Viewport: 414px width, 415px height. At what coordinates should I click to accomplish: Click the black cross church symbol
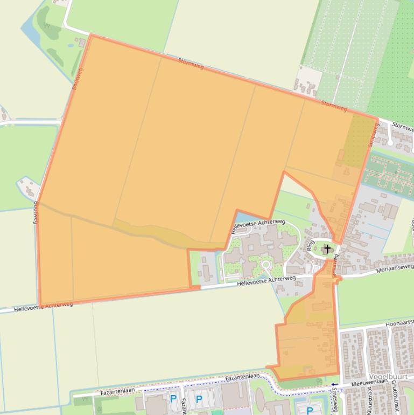[327, 249]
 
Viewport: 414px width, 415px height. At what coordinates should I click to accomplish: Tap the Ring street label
[310, 246]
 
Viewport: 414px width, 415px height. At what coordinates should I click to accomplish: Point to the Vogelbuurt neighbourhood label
[388, 377]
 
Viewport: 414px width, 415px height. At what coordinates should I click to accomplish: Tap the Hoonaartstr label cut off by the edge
[399, 323]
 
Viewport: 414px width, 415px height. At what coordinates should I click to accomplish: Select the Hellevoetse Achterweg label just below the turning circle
[266, 280]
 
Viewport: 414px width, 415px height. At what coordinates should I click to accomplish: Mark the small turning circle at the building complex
[265, 265]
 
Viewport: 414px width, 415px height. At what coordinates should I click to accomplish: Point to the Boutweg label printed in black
[36, 212]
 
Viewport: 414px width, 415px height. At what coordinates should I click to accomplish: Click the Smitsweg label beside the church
[336, 265]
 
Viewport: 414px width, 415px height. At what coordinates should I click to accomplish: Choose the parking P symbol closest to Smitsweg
[310, 410]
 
